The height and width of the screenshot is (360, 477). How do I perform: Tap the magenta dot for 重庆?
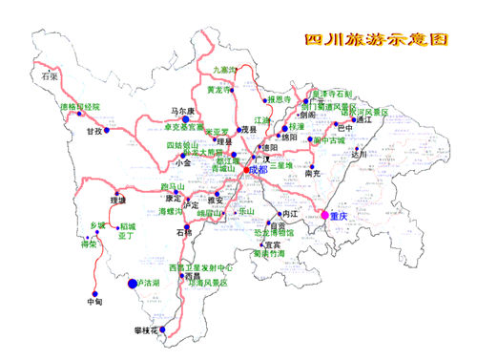[x=325, y=216]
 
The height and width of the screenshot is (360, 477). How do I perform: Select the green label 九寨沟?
[x=228, y=71]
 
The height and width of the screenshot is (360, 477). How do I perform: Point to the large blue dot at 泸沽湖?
[x=133, y=284]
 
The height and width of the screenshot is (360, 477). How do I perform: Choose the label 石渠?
[x=50, y=74]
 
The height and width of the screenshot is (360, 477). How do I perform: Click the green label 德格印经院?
[x=79, y=107]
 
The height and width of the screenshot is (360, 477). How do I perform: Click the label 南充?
[x=312, y=174]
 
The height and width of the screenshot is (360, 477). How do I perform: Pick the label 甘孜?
[x=92, y=131]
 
